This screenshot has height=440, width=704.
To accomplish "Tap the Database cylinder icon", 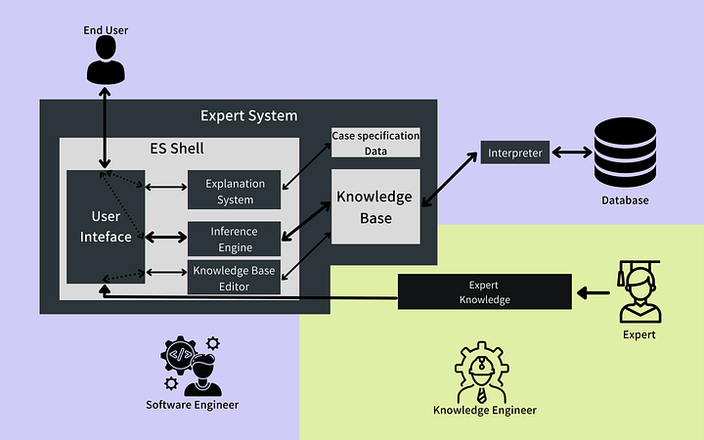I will (623, 153).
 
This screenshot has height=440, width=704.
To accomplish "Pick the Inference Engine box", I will (235, 239).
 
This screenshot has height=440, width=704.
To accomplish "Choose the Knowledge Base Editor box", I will (235, 279).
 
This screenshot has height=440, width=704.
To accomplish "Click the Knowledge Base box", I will (374, 206).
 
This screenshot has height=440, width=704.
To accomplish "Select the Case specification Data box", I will (375, 143).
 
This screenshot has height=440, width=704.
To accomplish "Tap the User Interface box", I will (105, 227).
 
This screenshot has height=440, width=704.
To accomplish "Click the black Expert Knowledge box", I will (485, 292).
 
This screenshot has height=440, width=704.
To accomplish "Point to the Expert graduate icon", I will (639, 291).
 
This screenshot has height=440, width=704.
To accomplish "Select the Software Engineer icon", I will (192, 364).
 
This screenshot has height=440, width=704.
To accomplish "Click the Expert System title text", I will (248, 115).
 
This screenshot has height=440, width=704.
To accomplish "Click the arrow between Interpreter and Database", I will (572, 153).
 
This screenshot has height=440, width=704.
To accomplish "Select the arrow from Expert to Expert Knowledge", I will (593, 292).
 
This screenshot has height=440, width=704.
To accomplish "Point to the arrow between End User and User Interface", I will (105, 127).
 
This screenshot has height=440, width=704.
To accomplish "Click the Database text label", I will (624, 200).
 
